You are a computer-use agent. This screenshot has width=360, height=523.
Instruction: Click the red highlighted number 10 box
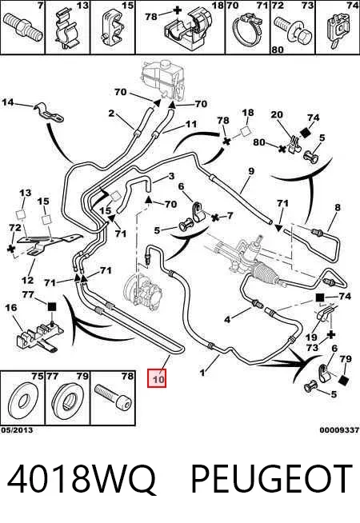[157, 379]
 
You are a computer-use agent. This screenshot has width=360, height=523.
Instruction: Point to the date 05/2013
[17, 430]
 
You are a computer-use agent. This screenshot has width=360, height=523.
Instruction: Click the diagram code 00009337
[339, 430]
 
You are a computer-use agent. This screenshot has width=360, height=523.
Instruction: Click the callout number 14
[8, 102]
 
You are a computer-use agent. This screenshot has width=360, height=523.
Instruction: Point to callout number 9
[251, 171]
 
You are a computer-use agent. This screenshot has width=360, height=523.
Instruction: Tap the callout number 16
[11, 307]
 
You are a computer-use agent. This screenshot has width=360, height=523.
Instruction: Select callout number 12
[27, 280]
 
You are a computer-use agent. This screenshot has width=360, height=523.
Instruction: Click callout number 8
[338, 207]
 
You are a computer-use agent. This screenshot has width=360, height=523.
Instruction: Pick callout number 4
[227, 320]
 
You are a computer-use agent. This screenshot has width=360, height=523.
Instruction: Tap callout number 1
[202, 372]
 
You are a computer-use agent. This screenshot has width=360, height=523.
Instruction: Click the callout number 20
[277, 114]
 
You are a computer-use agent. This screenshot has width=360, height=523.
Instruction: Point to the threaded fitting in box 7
[23, 26]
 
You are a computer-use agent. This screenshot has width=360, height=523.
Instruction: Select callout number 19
[312, 337]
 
